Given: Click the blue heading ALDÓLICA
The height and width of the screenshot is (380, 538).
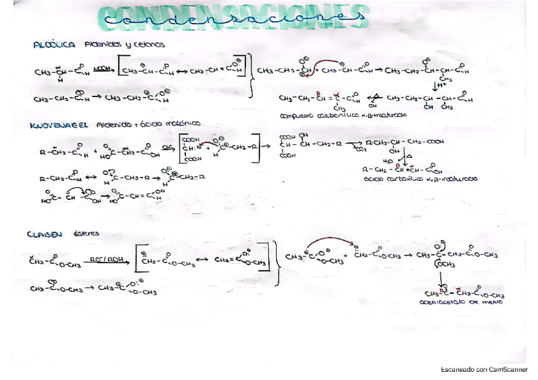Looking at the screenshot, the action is (55, 45).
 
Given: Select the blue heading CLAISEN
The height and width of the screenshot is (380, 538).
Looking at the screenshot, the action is (44, 234).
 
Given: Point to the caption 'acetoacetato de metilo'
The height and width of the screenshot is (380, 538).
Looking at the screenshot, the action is (452, 303).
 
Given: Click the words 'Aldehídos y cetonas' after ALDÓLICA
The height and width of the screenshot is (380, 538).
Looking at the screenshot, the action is (124, 45).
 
